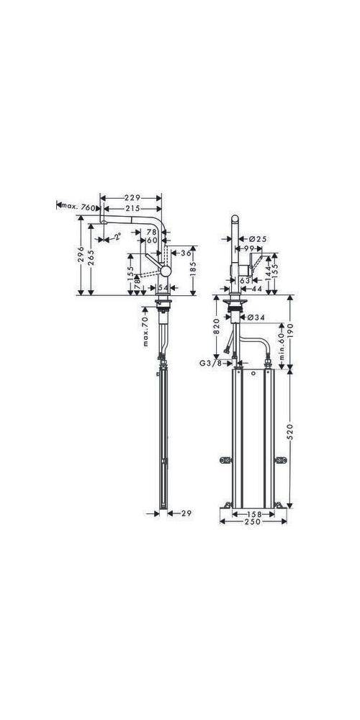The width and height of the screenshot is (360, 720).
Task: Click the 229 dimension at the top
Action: click(x=130, y=197)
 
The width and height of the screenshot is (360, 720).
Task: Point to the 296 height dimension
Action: click(x=81, y=256)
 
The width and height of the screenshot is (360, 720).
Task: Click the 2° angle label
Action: click(x=116, y=234)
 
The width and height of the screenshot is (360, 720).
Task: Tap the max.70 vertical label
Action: click(x=145, y=330)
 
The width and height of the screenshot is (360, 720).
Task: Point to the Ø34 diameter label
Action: click(x=256, y=317)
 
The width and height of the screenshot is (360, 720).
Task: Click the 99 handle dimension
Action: click(x=254, y=248)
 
